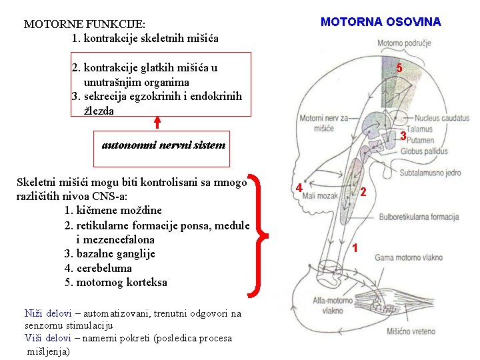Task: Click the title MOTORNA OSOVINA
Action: [x=381, y=22]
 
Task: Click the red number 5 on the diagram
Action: [x=399, y=68]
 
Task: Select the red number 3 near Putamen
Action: [x=403, y=136]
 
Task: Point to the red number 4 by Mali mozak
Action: [x=300, y=188]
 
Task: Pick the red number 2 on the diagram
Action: [x=363, y=193]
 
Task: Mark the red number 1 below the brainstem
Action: [x=356, y=248]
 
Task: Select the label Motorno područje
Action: [x=404, y=43]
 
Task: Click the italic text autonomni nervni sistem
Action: [x=163, y=145]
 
